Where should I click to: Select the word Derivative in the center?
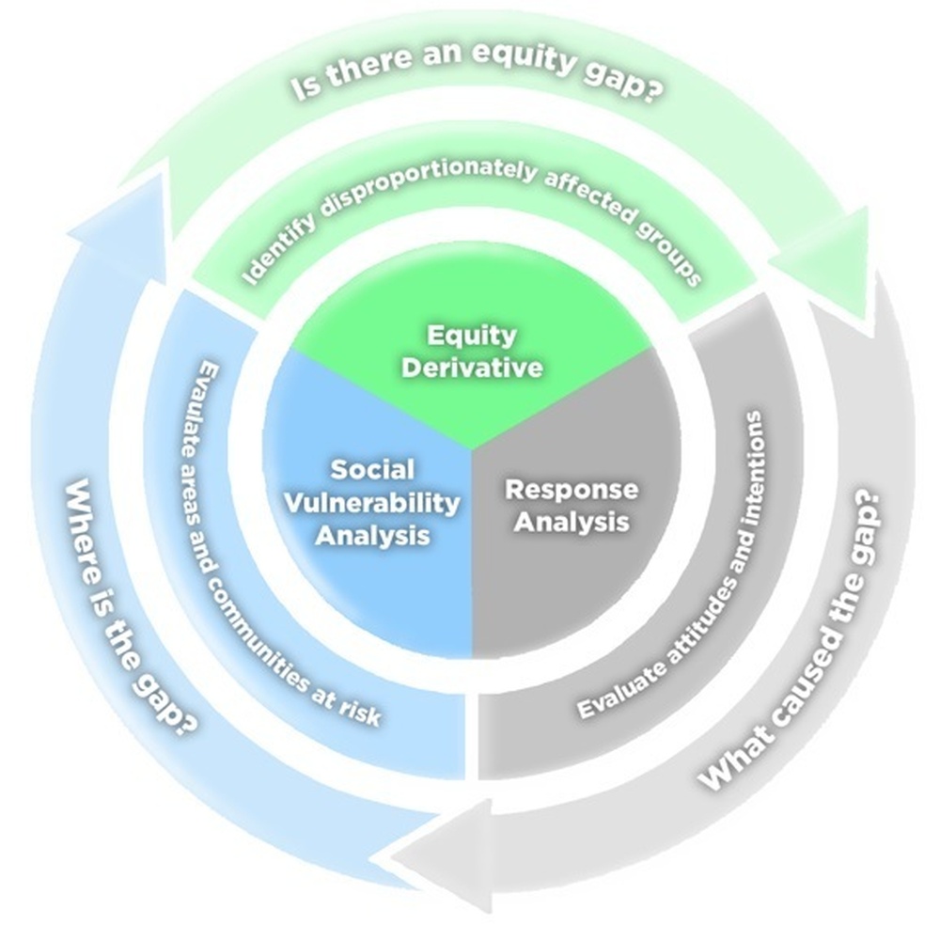[472, 367]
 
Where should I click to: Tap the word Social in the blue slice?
[372, 469]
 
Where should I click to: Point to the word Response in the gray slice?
[572, 489]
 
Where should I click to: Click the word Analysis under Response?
[572, 521]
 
